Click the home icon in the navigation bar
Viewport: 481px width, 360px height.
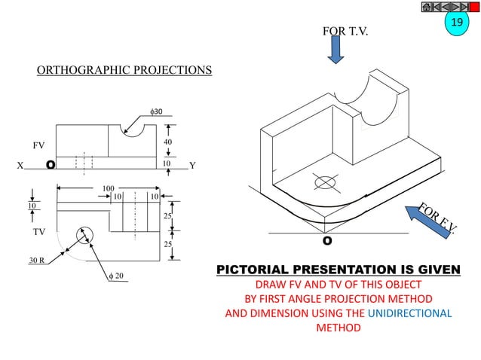(427, 7)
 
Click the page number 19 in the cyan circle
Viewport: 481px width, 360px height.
(455, 23)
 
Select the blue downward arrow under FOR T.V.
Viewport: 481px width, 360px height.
(335, 50)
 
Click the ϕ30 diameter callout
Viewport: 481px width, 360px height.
(157, 111)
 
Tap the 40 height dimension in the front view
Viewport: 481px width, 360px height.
(167, 142)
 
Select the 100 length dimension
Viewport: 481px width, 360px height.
(108, 186)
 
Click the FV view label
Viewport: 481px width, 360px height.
(39, 143)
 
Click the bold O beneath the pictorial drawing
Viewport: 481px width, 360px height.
(327, 241)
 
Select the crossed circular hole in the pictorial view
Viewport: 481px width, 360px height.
(325, 183)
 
